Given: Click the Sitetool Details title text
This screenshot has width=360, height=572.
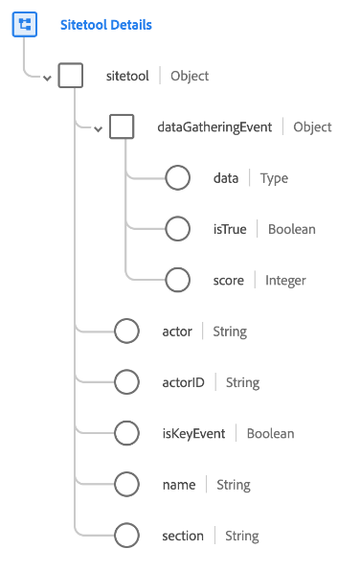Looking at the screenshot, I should pos(105,25).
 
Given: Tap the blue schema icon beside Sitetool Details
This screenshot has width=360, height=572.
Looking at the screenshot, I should pos(25,25).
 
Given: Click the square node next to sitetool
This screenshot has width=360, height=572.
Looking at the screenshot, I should pos(71,76).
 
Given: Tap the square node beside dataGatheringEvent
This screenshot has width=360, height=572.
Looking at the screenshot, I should pos(122,126).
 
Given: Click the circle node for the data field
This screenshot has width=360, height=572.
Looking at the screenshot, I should pos(178,178).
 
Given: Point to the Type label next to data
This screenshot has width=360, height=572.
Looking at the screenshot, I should pos(274,178).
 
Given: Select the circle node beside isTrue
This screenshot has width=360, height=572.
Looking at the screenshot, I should pos(178,229).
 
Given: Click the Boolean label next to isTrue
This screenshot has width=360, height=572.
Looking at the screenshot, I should pos(292,229).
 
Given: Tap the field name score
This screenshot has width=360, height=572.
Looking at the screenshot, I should pos(229,280).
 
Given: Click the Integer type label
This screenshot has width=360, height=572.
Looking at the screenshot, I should pos(285,280).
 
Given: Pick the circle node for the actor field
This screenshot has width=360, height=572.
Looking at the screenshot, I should pos(127,332).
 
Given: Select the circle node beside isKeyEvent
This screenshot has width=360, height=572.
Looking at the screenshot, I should pos(127,433).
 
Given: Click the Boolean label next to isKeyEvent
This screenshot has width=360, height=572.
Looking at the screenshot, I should pos(270,433).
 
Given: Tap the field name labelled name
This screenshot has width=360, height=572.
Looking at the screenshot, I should pos(179,485).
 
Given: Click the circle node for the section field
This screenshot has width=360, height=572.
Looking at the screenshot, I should pos(127,536).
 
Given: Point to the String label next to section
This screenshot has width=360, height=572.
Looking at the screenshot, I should pos(242,536).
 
